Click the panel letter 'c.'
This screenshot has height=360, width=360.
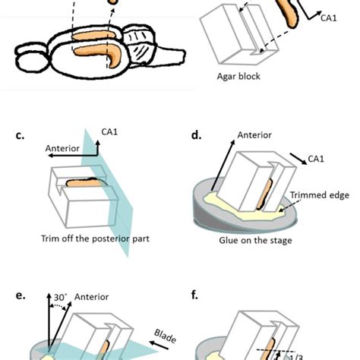click(20, 137)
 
